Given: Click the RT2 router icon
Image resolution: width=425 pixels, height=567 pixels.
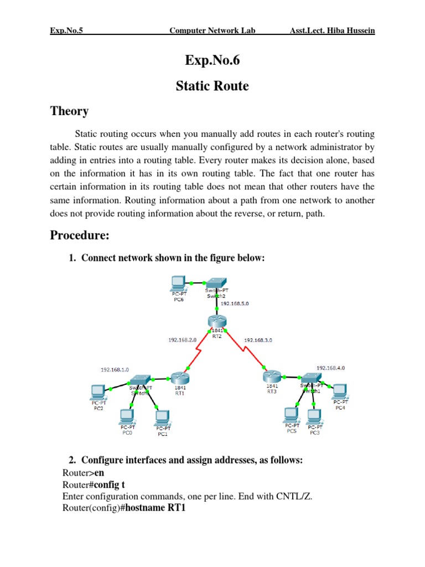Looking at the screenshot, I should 215,321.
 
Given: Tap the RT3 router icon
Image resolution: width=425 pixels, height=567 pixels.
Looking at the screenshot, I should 272,377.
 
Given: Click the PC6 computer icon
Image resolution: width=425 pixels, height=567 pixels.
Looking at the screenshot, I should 178,283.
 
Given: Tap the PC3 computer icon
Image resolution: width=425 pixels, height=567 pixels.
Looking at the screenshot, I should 314,415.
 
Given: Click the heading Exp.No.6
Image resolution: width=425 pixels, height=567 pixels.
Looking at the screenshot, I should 212,61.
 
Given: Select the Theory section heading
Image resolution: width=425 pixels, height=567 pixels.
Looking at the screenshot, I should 69,111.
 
